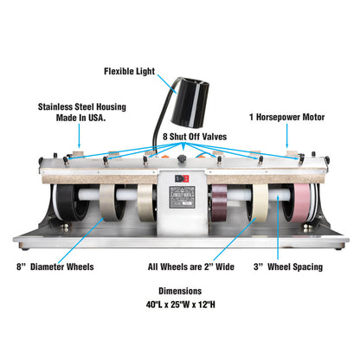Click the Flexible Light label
[x=129, y=71]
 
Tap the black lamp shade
[x=190, y=102]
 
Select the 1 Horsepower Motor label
[x=287, y=117]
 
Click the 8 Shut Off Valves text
[x=195, y=137]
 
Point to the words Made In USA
[x=80, y=118]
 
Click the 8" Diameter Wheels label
[x=55, y=267]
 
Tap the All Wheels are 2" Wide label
[x=191, y=267]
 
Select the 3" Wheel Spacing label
[x=288, y=267]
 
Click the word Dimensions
[x=180, y=291]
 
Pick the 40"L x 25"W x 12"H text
[x=181, y=305]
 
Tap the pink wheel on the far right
[x=302, y=203]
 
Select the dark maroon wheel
[x=219, y=203]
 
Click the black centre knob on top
[x=182, y=158]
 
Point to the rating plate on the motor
[x=182, y=197]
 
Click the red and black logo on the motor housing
[x=182, y=179]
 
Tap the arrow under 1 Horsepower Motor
[x=286, y=136]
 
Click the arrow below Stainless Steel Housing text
[x=80, y=136]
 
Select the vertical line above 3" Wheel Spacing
[x=278, y=228]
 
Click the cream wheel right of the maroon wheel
[x=260, y=203]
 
